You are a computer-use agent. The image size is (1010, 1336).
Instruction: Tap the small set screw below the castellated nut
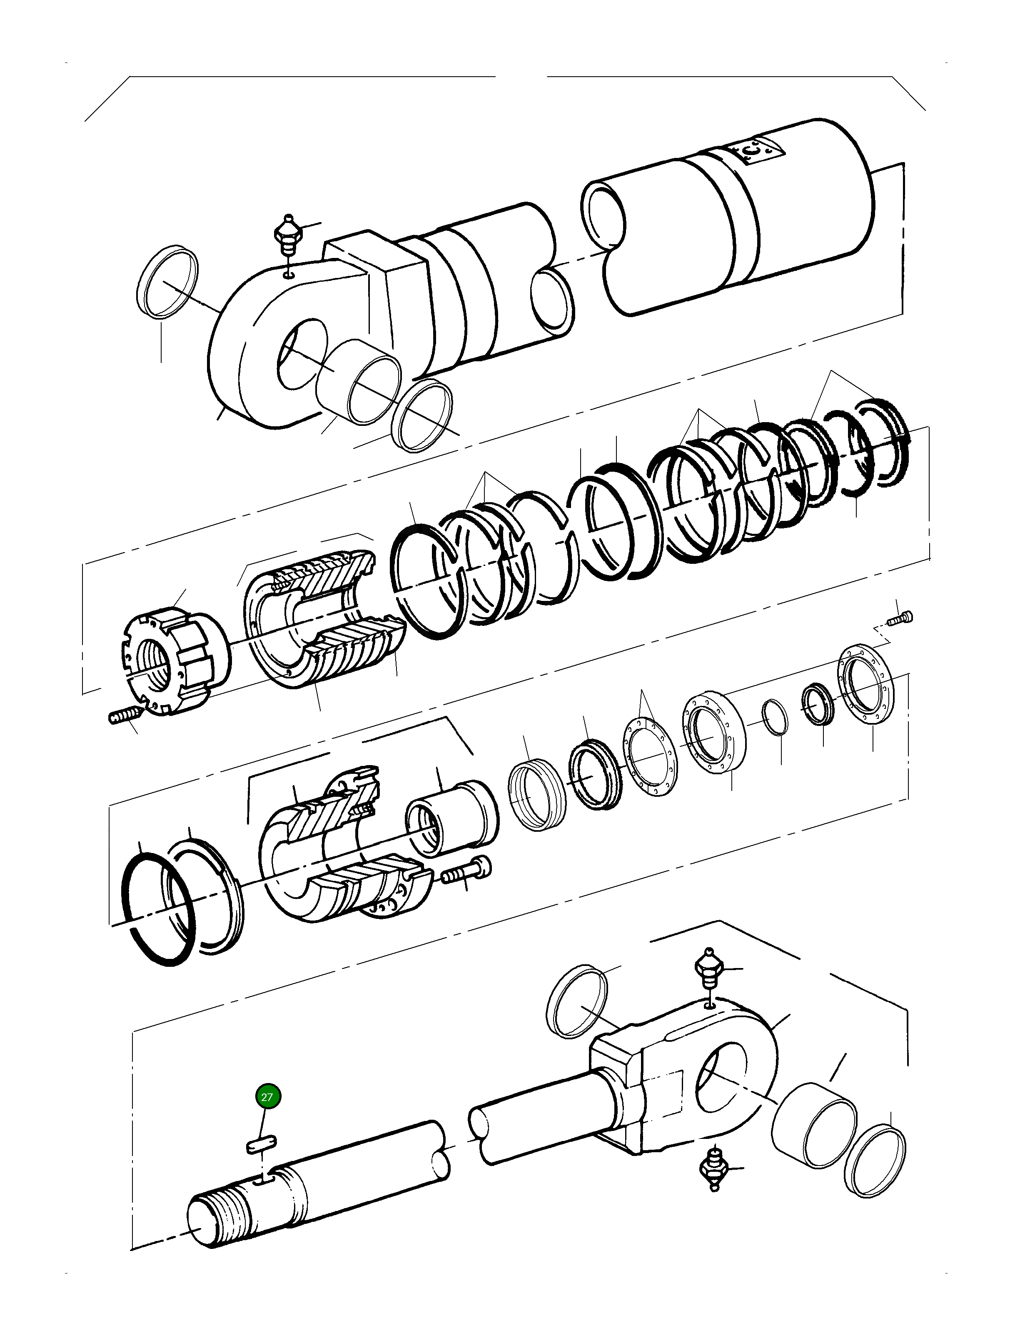click(124, 716)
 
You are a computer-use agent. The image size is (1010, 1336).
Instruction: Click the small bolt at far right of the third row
click(901, 618)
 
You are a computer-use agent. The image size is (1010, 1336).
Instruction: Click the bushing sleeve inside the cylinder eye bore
click(359, 382)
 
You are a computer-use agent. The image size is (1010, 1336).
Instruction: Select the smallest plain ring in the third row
click(775, 718)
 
